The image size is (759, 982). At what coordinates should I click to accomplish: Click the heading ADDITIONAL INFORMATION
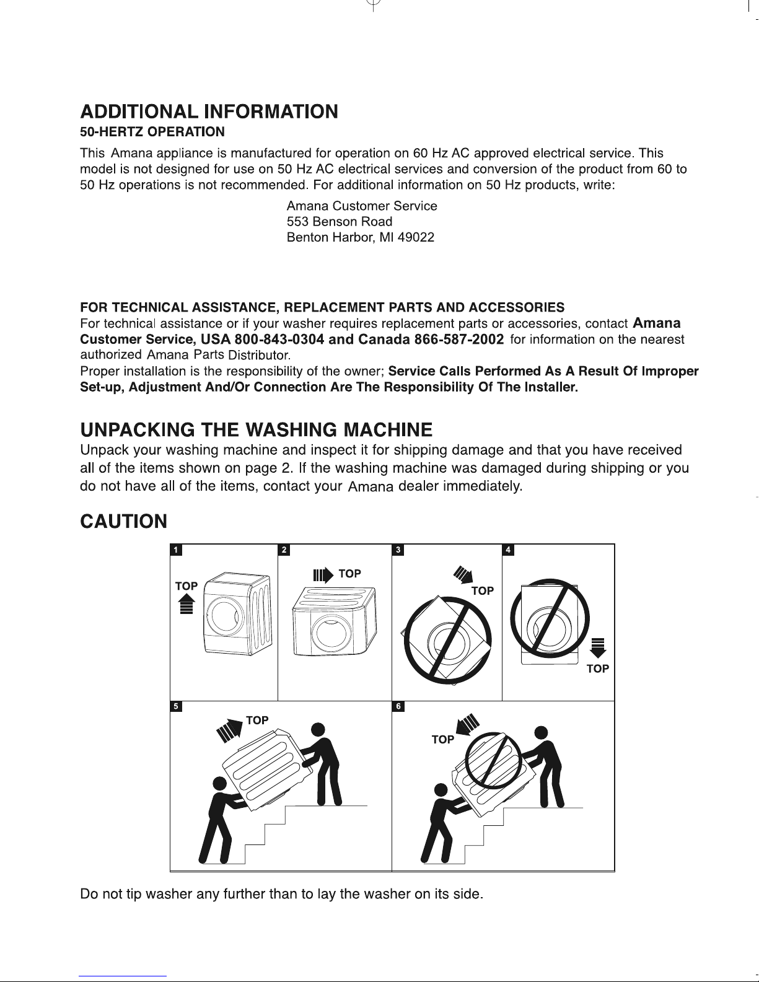209,112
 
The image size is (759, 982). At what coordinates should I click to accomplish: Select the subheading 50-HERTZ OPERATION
152,132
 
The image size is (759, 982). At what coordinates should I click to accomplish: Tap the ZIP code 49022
416,237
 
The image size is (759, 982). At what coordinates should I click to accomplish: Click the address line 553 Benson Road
340,221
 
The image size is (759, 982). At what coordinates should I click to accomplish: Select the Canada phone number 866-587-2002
459,340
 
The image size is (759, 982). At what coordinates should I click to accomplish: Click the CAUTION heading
123,522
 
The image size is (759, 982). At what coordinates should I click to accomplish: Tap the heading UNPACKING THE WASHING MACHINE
256,430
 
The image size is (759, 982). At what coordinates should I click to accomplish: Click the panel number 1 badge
176,550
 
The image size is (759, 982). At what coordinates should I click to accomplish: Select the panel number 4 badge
508,550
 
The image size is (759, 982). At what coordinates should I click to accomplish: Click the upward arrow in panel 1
186,604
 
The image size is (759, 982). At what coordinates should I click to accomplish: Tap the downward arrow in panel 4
598,648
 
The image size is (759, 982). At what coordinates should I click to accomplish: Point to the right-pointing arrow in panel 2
323,576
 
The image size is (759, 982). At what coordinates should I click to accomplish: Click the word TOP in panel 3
483,590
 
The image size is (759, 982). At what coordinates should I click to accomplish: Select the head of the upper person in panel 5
318,729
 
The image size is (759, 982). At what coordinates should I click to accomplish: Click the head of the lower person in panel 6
441,789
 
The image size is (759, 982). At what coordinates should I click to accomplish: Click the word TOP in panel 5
257,720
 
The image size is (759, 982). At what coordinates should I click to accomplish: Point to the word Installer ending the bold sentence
551,387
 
